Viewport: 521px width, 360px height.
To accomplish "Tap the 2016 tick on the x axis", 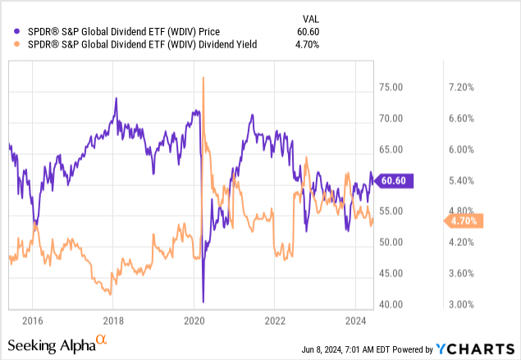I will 33,320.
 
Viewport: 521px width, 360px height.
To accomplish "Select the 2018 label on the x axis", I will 113,320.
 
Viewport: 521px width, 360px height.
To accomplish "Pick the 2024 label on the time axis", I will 355,320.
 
